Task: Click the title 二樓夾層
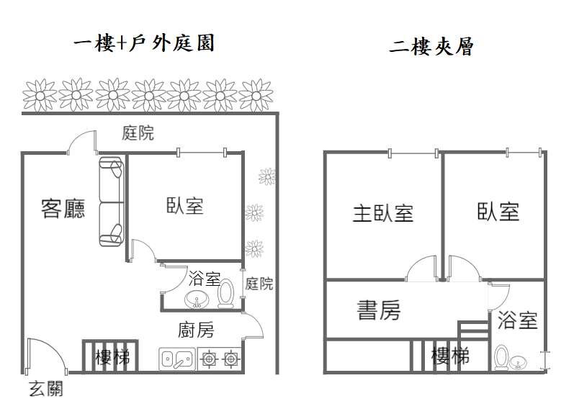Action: click(431, 48)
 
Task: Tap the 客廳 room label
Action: click(63, 208)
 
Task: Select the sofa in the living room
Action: click(111, 203)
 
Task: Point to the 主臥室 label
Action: click(382, 212)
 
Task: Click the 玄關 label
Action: click(45, 390)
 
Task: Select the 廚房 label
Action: click(195, 330)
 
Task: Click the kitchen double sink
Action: click(176, 357)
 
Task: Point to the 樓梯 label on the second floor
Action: click(449, 355)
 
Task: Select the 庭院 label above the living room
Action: click(138, 133)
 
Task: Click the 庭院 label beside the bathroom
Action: click(259, 283)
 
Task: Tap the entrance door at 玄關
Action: click(40, 356)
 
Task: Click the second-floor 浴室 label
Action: click(517, 320)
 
